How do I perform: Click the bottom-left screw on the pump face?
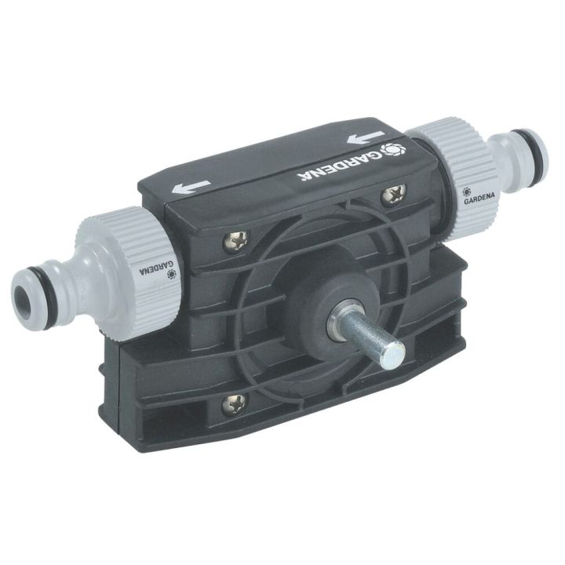coord(233,403)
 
